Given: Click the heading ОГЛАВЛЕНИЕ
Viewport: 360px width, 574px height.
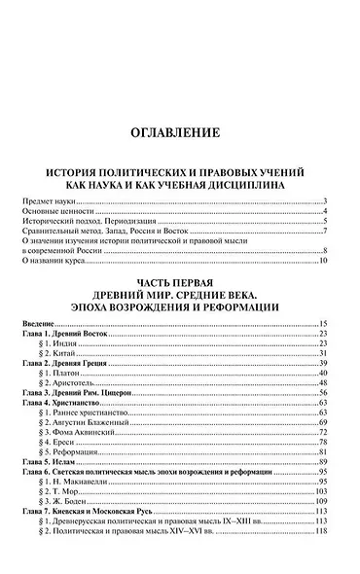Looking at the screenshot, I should click(179, 132).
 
